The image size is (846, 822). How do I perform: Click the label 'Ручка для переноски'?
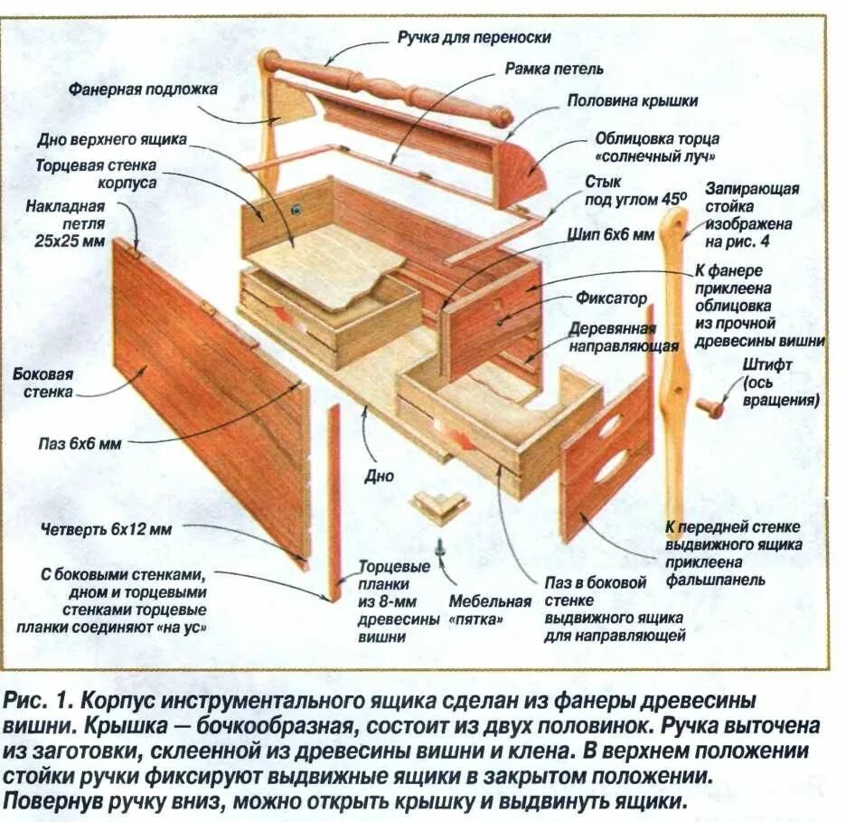[x=473, y=37]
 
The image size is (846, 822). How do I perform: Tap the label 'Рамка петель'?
[x=554, y=68]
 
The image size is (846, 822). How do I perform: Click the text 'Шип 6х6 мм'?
[x=609, y=234]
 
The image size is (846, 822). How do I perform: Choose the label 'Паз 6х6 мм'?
[x=79, y=443]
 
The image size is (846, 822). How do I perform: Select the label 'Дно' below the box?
[x=379, y=477]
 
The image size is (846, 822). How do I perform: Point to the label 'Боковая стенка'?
[x=42, y=383]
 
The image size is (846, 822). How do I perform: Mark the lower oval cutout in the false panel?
[x=609, y=465]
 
